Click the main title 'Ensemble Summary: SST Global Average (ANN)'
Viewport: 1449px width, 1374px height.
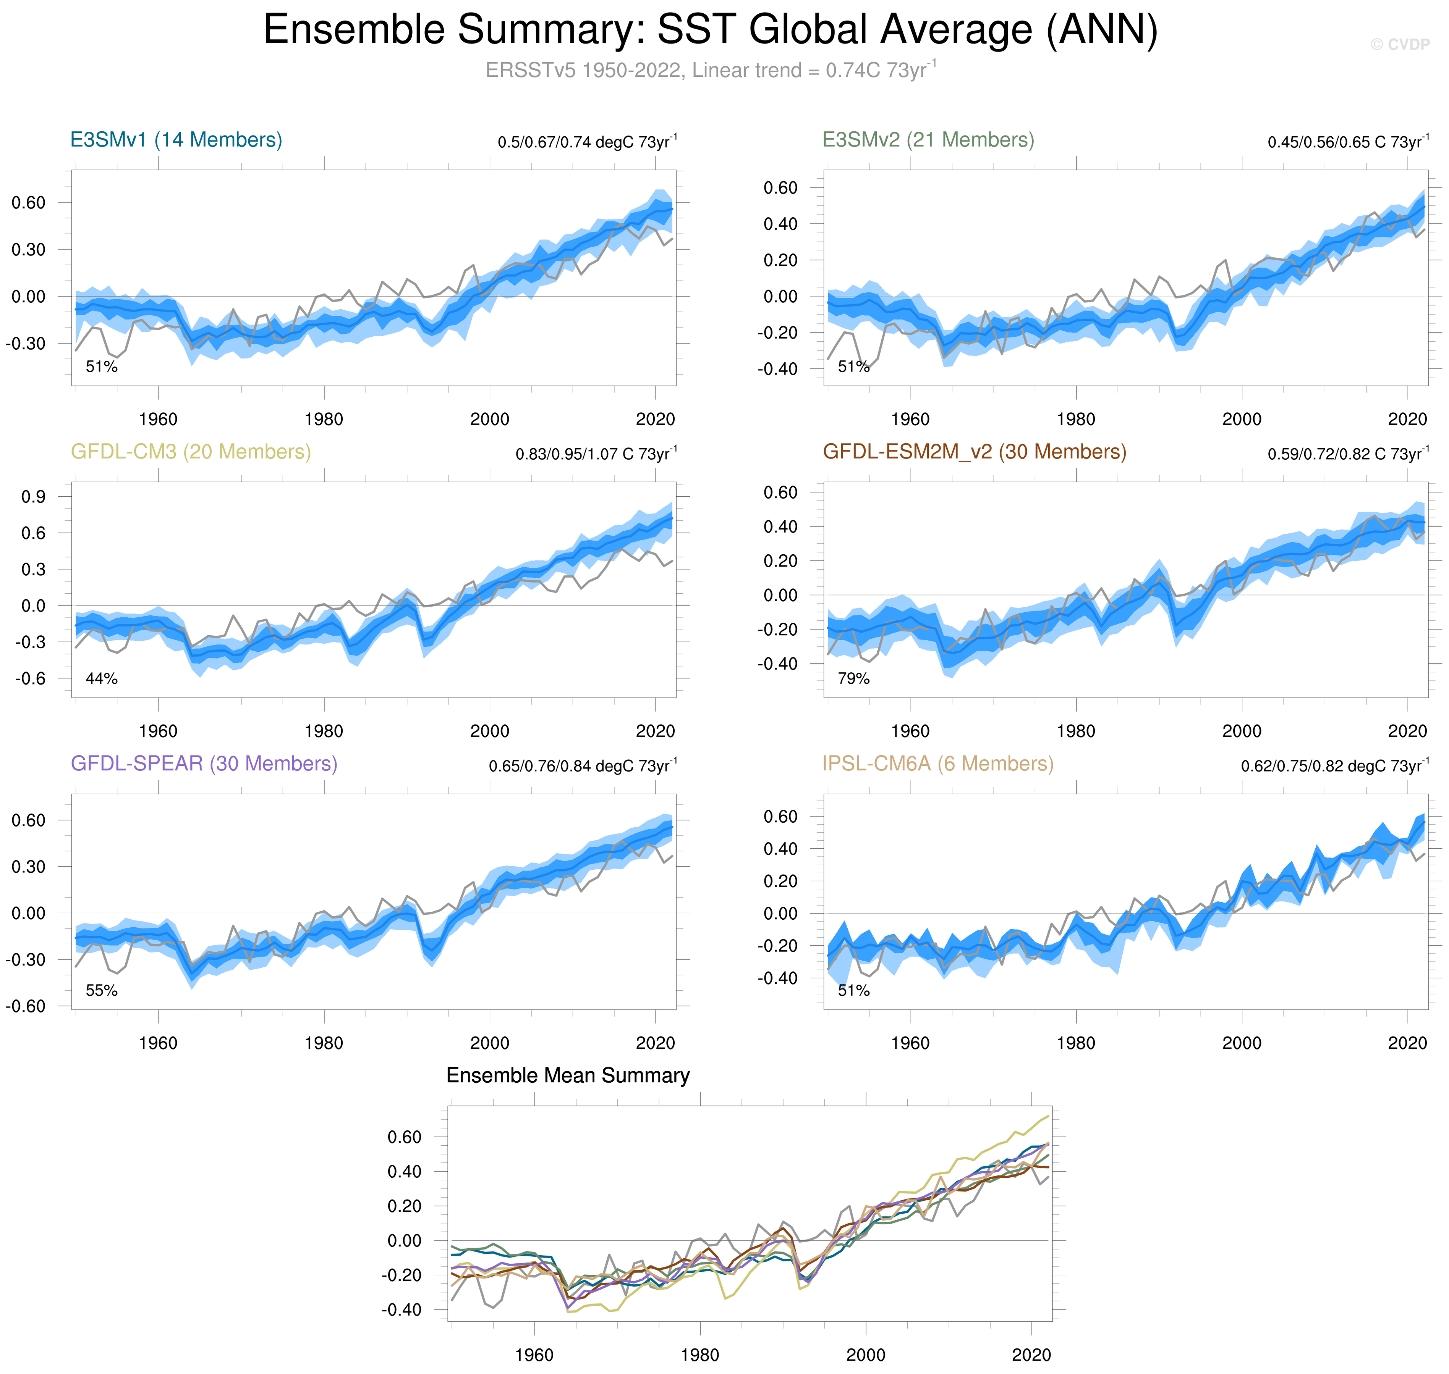pos(710,31)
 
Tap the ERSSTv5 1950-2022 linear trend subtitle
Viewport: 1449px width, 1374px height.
pos(710,70)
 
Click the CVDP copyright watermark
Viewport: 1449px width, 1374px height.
pos(1399,45)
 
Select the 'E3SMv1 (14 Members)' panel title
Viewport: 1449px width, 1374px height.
pos(176,140)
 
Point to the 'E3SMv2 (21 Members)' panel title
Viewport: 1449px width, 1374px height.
pos(928,140)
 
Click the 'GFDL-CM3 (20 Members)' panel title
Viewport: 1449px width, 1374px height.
pos(191,452)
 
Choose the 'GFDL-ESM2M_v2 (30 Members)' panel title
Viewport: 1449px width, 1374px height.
pos(974,452)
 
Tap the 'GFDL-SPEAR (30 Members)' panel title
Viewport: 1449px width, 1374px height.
pos(204,764)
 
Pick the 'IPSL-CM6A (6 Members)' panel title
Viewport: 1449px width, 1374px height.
pos(937,764)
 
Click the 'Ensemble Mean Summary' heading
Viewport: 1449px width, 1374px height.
pos(568,1075)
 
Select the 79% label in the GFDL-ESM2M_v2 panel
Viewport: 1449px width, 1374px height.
pos(853,679)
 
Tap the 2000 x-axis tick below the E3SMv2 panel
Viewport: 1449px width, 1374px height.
pos(1242,420)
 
